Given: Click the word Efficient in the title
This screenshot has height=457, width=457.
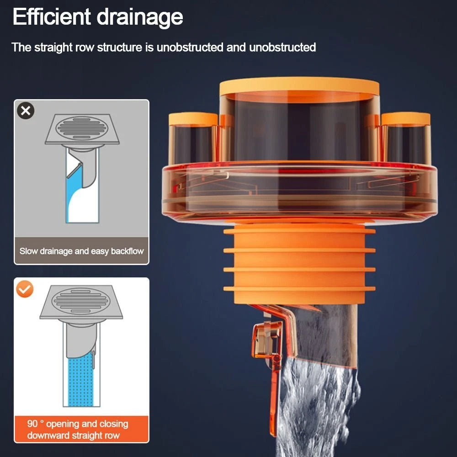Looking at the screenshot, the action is pos(52,16).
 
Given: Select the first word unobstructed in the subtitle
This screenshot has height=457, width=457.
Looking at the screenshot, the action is pos(190,47).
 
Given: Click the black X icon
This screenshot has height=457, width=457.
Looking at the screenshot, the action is pos(26,111).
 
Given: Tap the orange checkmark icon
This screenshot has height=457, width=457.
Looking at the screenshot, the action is pos(25,289).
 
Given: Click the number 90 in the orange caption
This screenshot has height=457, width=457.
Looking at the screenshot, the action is pos(32,424).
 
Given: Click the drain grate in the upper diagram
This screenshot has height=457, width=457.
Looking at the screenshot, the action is pos(82,128).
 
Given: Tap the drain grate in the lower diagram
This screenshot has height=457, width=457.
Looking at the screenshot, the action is pos(81,302).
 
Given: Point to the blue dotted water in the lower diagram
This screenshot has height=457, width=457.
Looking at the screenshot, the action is pos(80,380).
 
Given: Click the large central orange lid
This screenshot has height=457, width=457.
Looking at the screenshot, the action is pos(299,86).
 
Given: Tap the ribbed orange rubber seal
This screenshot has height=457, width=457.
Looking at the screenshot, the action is pos(299,264).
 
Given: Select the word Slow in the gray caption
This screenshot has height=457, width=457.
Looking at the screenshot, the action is pos(28,251).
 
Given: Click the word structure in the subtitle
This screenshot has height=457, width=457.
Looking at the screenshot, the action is pos(119,47).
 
